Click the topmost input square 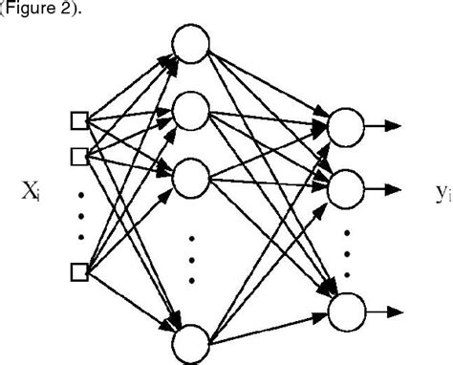79,120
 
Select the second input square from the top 79,155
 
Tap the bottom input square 79,272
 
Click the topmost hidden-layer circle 190,43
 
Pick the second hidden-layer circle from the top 190,112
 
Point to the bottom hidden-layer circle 190,342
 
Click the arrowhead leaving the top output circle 394,124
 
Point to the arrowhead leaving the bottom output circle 394,311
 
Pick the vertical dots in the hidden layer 191,258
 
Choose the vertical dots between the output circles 346,250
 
